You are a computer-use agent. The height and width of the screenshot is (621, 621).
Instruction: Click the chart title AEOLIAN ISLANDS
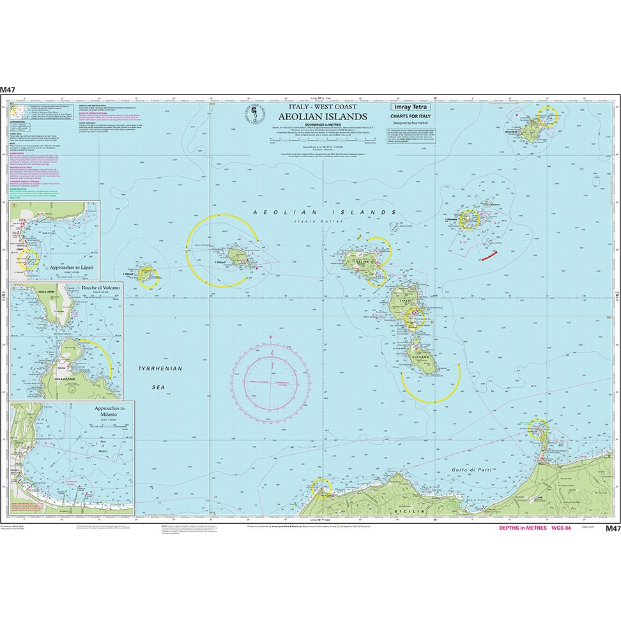(323, 116)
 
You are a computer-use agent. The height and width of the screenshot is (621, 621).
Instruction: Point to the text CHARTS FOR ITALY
(412, 116)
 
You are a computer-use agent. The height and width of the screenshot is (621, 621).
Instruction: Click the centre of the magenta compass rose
(271, 381)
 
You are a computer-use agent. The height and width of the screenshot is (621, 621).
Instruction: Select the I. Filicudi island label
(219, 263)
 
